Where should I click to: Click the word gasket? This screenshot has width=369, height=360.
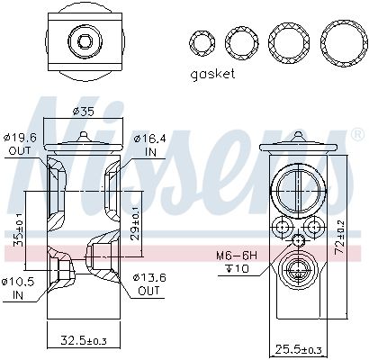click(x=212, y=74)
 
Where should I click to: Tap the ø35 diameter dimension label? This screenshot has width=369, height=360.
click(x=84, y=112)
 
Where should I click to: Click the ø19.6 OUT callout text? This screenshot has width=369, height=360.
click(x=20, y=144)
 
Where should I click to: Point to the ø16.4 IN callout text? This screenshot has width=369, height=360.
click(x=149, y=145)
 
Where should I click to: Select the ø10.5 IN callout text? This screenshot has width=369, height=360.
click(x=18, y=288)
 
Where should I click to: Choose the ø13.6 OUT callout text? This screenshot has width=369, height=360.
click(x=149, y=283)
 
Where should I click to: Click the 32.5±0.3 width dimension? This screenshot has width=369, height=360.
click(x=84, y=340)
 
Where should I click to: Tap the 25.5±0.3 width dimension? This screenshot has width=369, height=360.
click(x=298, y=349)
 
